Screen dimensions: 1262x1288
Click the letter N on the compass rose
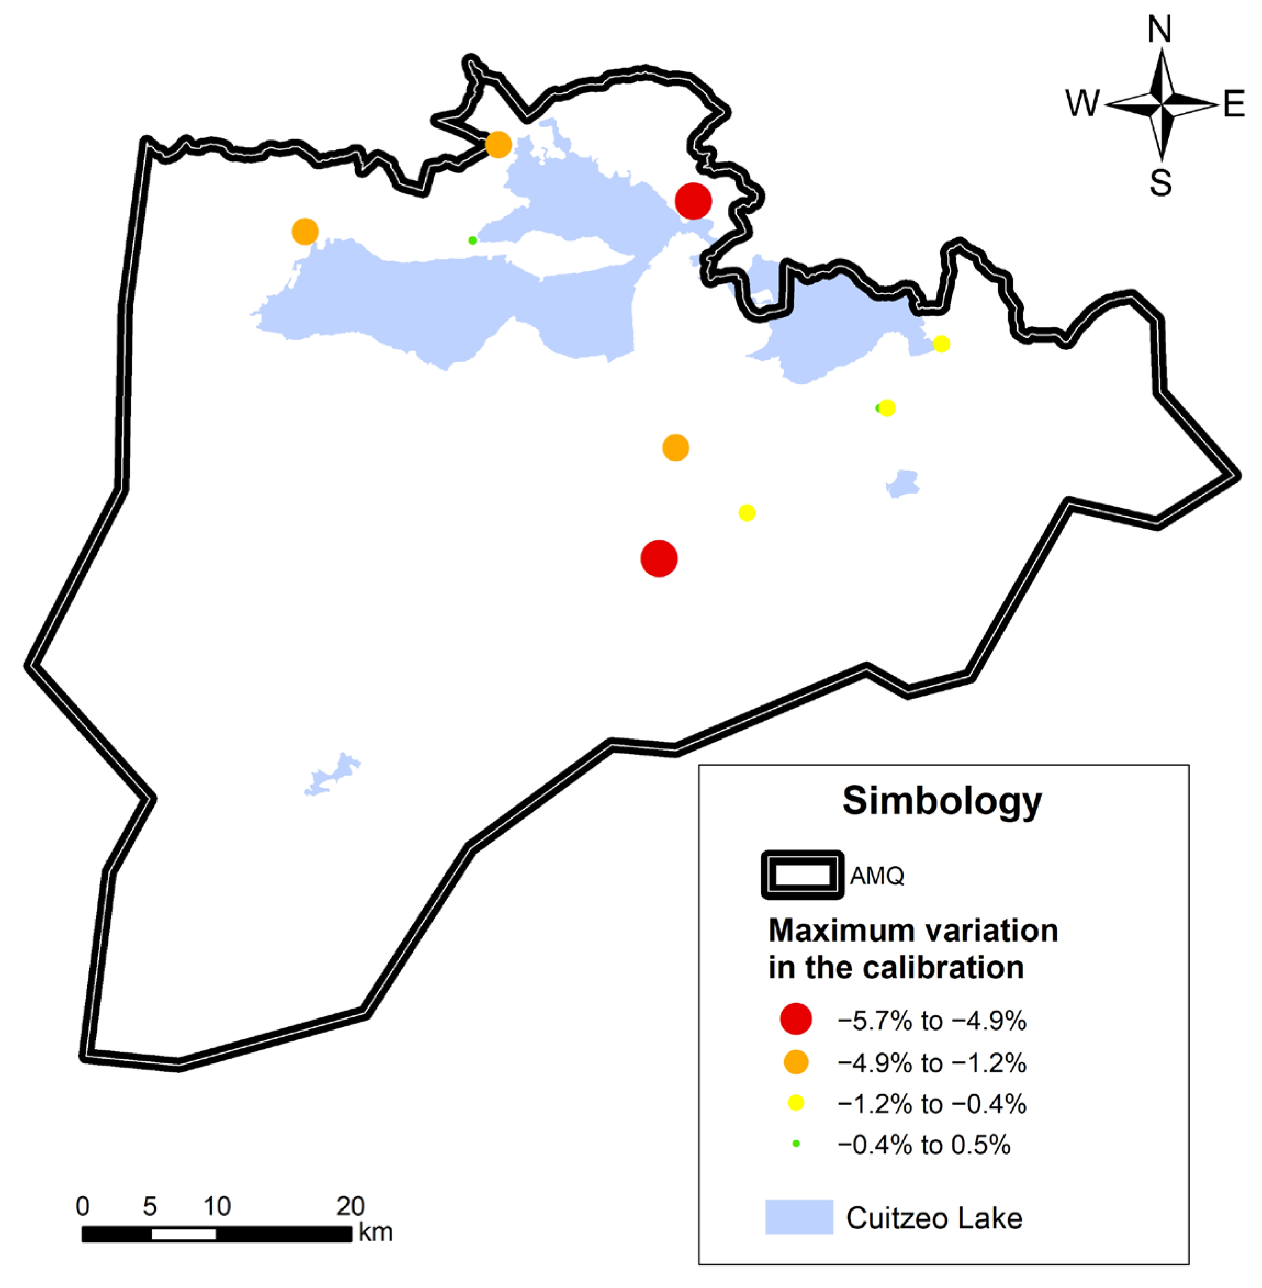pos(1159,30)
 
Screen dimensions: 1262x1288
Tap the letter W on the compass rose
pos(1082,104)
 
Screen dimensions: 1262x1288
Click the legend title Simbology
pos(942,801)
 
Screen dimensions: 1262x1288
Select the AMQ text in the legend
pos(877,876)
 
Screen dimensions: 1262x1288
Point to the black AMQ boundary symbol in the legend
pos(803,875)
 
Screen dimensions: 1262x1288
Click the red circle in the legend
pos(796,1019)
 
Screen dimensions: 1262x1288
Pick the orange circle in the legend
pos(796,1062)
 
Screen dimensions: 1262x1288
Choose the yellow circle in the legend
pos(796,1103)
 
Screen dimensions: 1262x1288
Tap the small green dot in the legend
pos(796,1144)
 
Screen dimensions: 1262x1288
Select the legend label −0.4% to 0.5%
pos(924,1145)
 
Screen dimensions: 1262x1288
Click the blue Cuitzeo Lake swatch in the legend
pos(799,1217)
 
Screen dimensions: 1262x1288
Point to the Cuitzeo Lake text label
pos(934,1218)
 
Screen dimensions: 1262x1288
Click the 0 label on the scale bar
pos(83,1206)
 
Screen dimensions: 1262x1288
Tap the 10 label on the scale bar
pos(217,1206)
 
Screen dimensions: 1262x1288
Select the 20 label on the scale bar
pos(351,1206)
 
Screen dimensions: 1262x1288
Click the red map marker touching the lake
pos(693,201)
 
